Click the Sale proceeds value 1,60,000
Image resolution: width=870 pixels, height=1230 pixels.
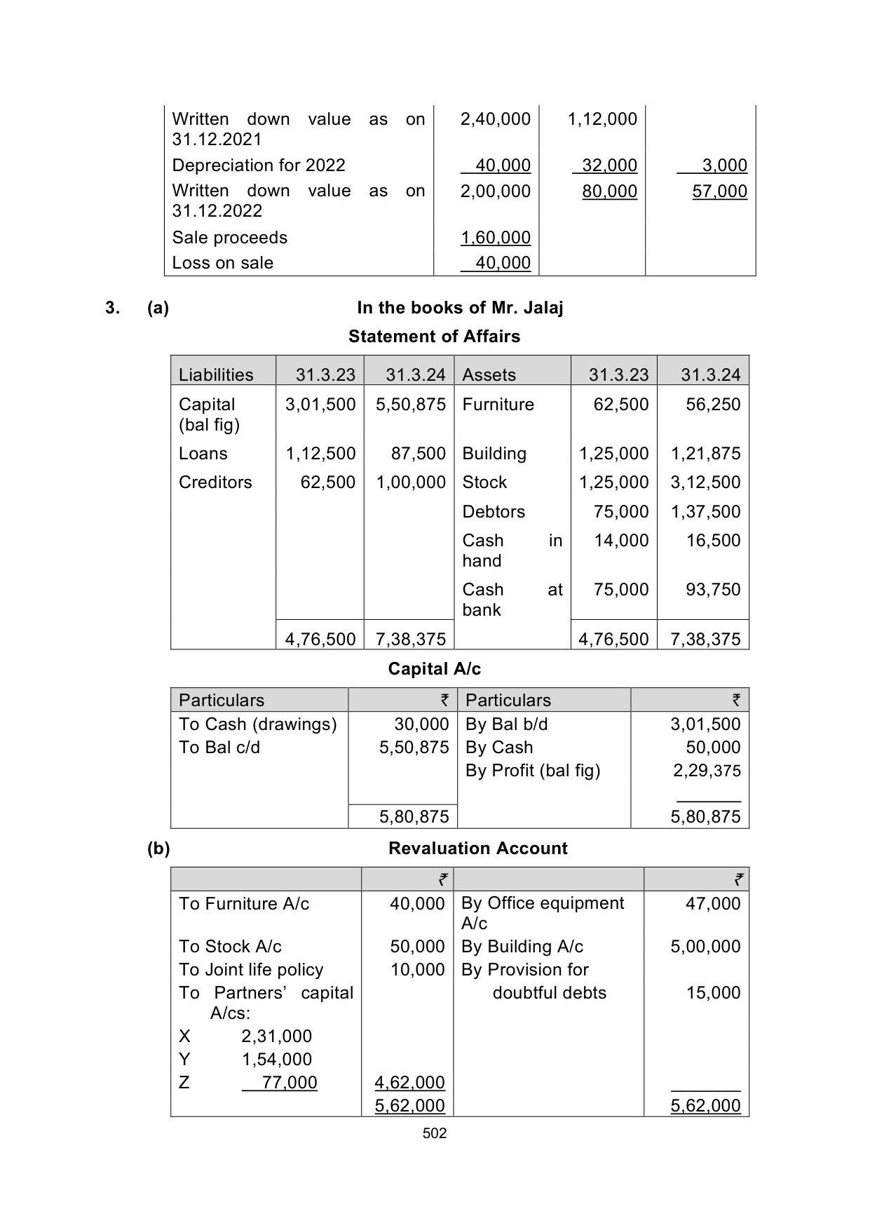coord(495,238)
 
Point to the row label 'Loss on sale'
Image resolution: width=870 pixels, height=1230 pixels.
coord(222,263)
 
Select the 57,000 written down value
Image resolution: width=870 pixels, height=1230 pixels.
coord(719,191)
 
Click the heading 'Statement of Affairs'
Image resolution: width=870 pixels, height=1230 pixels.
coord(434,337)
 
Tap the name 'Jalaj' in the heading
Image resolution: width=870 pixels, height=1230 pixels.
coord(543,308)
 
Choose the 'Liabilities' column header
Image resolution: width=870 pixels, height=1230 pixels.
coord(216,375)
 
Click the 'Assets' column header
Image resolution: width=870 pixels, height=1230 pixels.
coord(489,375)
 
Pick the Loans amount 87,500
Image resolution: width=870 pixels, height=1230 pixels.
coord(418,454)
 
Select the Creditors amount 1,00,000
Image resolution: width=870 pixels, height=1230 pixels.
coord(411,482)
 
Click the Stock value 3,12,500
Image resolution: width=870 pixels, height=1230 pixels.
coord(705,482)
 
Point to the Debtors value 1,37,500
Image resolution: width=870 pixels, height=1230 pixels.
coord(705,512)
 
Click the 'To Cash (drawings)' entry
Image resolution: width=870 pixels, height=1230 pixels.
coord(257,724)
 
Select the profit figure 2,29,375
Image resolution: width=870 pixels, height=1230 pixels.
coord(706,771)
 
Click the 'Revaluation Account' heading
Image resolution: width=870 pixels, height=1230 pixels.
coord(477,849)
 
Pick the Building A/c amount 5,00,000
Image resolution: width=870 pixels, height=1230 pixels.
coord(705,947)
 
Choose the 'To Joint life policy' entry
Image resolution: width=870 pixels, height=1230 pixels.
coord(251,970)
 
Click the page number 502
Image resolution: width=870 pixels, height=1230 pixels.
coord(435,1133)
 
